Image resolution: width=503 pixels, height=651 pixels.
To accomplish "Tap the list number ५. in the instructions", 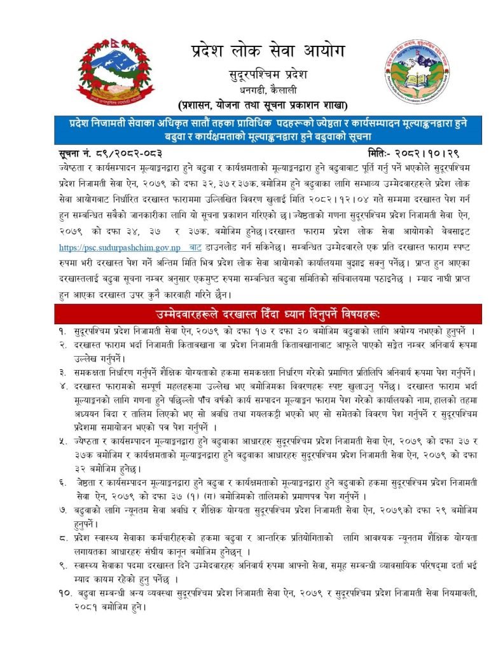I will (63, 441).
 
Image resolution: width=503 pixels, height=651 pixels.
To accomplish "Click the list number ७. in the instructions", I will (63, 511).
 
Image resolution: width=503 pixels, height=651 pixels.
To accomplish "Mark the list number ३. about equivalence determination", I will (63, 371).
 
